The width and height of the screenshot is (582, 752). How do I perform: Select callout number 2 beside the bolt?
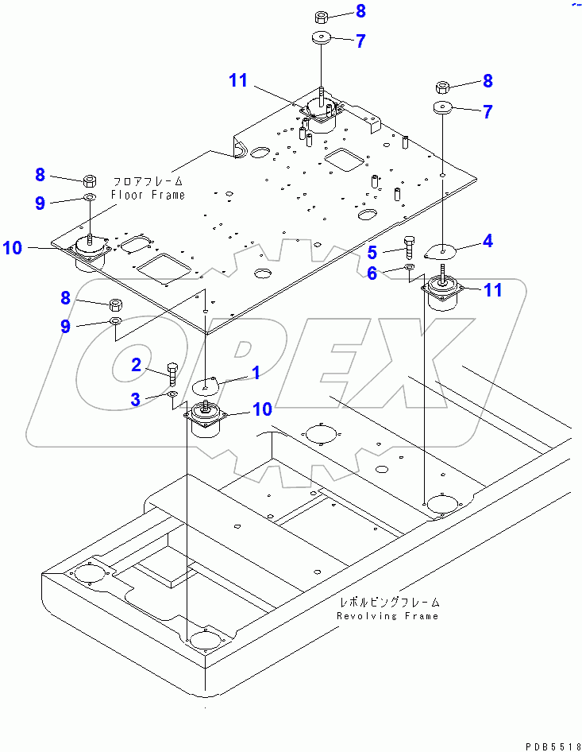coord(137,365)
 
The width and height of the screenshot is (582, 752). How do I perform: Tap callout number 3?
coord(137,399)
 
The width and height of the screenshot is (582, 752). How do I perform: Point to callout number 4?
coord(488,240)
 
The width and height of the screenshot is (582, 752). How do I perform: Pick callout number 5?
coord(371,253)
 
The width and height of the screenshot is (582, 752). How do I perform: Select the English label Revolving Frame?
coord(387,615)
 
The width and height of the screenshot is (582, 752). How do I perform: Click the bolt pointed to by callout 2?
coord(174,371)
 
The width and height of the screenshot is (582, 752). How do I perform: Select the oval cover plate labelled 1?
coord(206,387)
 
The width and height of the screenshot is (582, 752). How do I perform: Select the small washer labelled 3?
coord(173,393)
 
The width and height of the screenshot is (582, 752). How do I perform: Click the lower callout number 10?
coord(262,409)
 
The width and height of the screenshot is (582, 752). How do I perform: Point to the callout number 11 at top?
coord(238,80)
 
